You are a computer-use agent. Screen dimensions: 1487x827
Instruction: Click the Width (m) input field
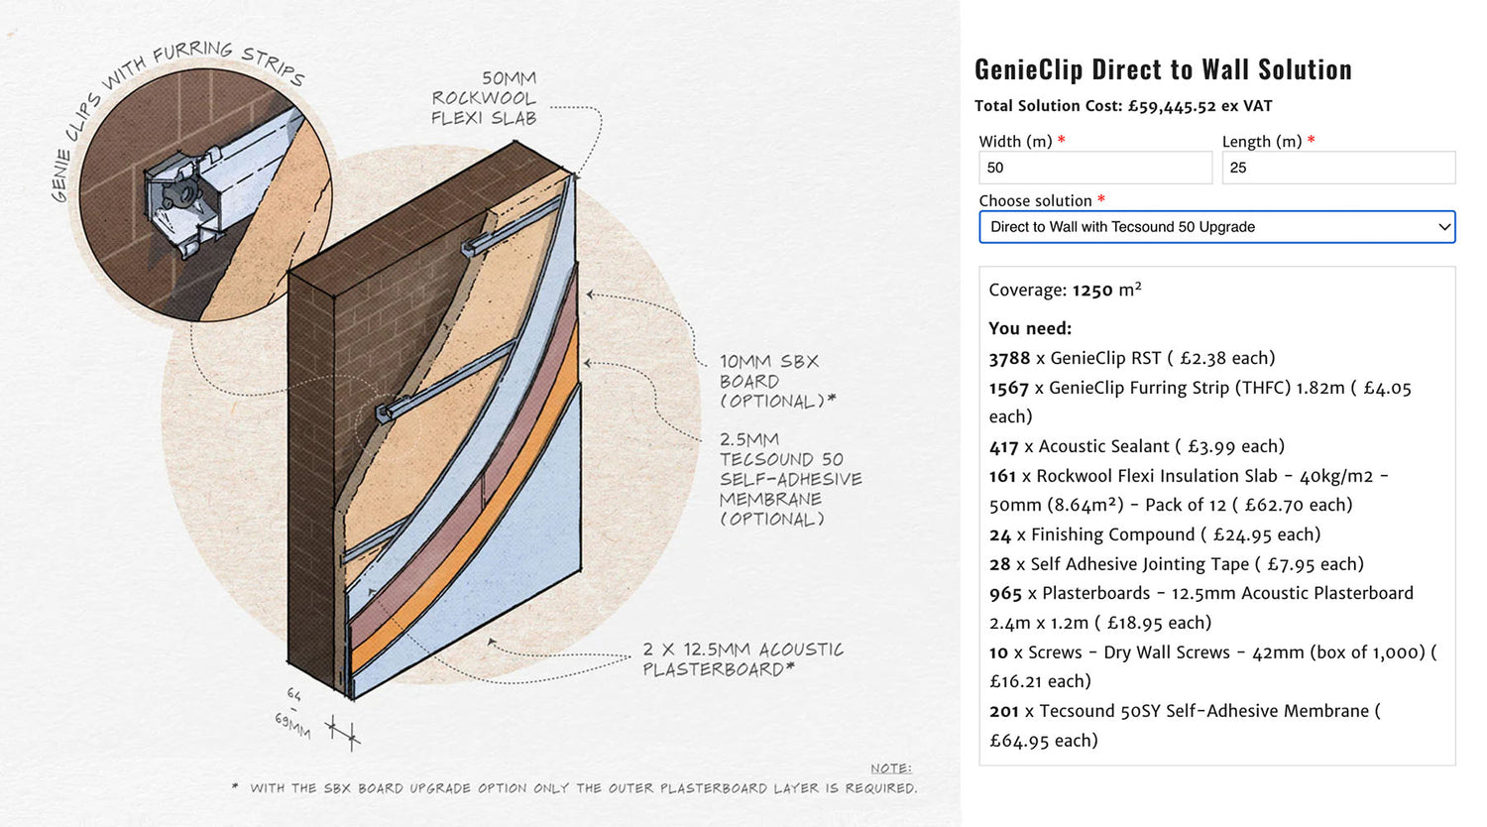1095,168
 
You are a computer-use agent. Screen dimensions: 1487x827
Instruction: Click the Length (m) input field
1338,168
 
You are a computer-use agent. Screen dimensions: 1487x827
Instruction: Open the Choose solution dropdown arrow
1443,227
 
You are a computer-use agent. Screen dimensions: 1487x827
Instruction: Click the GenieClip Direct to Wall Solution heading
1163,69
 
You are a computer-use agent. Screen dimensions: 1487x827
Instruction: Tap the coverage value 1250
1092,291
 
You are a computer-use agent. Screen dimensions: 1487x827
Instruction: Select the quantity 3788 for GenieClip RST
1009,359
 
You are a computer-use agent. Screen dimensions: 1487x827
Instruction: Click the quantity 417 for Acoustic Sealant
1003,447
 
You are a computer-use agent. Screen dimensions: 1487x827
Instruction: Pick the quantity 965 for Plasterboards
1005,594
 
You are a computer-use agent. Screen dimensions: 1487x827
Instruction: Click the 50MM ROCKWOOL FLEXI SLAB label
484,98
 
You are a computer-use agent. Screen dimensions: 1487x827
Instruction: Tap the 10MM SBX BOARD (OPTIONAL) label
776,382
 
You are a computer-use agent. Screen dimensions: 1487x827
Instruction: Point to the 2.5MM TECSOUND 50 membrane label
790,479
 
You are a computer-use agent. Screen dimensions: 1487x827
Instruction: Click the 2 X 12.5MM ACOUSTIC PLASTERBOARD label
743,659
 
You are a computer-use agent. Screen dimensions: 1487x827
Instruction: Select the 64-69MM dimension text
292,713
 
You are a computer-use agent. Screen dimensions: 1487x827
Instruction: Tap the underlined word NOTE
891,768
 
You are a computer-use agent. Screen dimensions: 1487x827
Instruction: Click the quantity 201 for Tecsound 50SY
1003,711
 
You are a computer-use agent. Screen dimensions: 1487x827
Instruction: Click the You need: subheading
1030,329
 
